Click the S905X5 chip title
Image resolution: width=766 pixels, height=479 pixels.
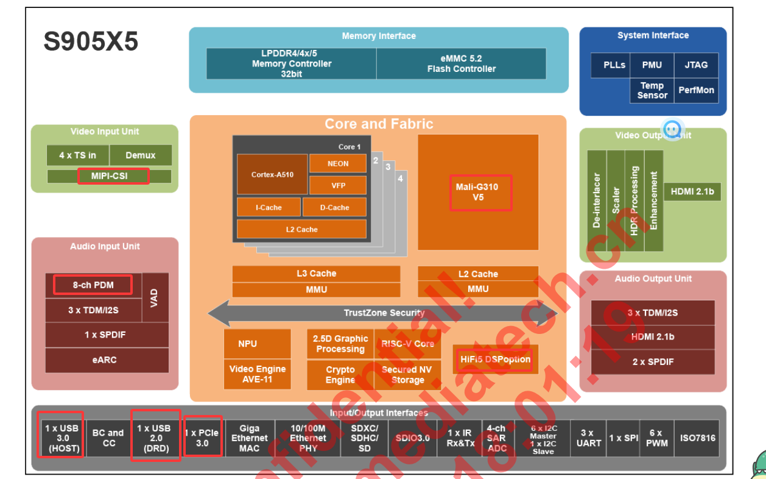click(91, 42)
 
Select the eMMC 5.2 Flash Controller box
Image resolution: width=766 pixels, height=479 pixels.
click(461, 64)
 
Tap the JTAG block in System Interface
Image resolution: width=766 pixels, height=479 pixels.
click(696, 65)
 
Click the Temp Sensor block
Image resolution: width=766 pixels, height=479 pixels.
click(652, 90)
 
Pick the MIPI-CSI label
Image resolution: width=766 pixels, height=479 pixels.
click(113, 176)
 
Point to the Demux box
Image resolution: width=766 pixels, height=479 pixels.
click(140, 155)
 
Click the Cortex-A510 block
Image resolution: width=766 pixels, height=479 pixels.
click(272, 174)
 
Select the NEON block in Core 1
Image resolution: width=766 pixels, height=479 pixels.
click(338, 163)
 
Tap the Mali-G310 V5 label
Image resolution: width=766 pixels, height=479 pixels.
click(480, 193)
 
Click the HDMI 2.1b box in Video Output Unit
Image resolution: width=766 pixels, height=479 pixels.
click(692, 191)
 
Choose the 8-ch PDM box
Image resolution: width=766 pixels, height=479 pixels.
click(93, 285)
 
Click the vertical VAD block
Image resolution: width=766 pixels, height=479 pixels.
click(155, 297)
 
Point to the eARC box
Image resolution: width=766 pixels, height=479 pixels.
click(107, 360)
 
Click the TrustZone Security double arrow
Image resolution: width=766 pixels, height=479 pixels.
click(382, 313)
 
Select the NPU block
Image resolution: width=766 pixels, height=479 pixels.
click(248, 344)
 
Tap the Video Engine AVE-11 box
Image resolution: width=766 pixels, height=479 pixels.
click(257, 374)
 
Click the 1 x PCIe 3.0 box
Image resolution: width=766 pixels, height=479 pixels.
click(202, 438)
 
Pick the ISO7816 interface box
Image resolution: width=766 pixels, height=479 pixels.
click(697, 438)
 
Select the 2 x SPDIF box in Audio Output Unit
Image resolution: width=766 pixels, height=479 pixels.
click(653, 362)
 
